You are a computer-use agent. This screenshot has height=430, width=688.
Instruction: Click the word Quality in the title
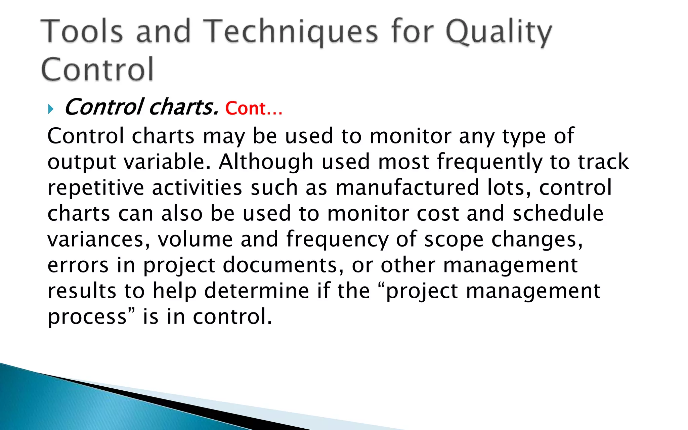tap(499, 32)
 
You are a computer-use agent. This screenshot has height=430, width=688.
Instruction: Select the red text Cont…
tap(254, 108)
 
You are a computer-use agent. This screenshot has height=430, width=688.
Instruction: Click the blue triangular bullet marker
tap(51, 109)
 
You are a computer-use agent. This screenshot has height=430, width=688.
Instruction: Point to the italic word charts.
tap(183, 107)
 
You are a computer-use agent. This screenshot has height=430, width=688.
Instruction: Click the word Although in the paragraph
tap(266, 162)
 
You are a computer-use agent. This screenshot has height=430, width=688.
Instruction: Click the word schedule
tap(558, 213)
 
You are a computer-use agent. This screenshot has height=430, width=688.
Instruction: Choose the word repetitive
tap(95, 187)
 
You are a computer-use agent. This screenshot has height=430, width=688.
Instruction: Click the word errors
tap(78, 265)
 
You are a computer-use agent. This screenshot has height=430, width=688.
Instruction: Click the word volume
tap(195, 239)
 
